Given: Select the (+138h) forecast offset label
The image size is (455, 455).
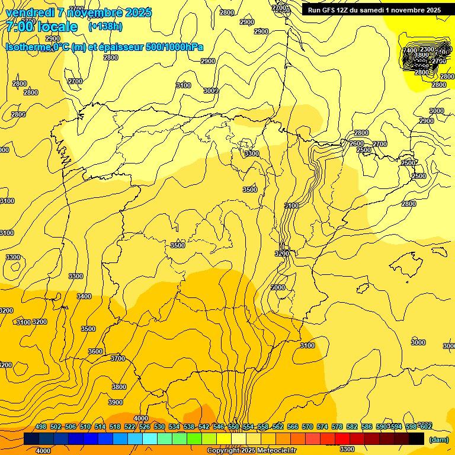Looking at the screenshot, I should point(105,27).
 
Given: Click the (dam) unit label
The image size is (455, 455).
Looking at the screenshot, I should point(438,440).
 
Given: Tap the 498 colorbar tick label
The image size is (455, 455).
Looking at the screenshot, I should point(41,427).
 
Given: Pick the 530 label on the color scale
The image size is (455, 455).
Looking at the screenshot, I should point(159,427).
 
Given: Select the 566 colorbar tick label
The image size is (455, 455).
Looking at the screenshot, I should point(293,427).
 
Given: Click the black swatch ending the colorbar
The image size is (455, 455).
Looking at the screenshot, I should point(416,439).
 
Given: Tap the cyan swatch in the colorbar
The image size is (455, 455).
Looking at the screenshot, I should point(150,439).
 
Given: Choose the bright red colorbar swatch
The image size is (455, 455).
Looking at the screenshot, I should point(342,439).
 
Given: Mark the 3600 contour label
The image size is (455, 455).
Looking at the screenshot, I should point(95,351).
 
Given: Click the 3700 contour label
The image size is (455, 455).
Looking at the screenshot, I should point(118,358).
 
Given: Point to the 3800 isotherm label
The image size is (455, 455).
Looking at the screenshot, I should point(119,387).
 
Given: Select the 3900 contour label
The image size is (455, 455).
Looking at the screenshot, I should point(116,402).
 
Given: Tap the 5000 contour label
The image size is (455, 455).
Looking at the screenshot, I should point(278,287).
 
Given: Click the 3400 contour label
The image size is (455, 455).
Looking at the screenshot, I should point(84,296).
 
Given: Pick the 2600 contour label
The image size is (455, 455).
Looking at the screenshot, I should point(357,143).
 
